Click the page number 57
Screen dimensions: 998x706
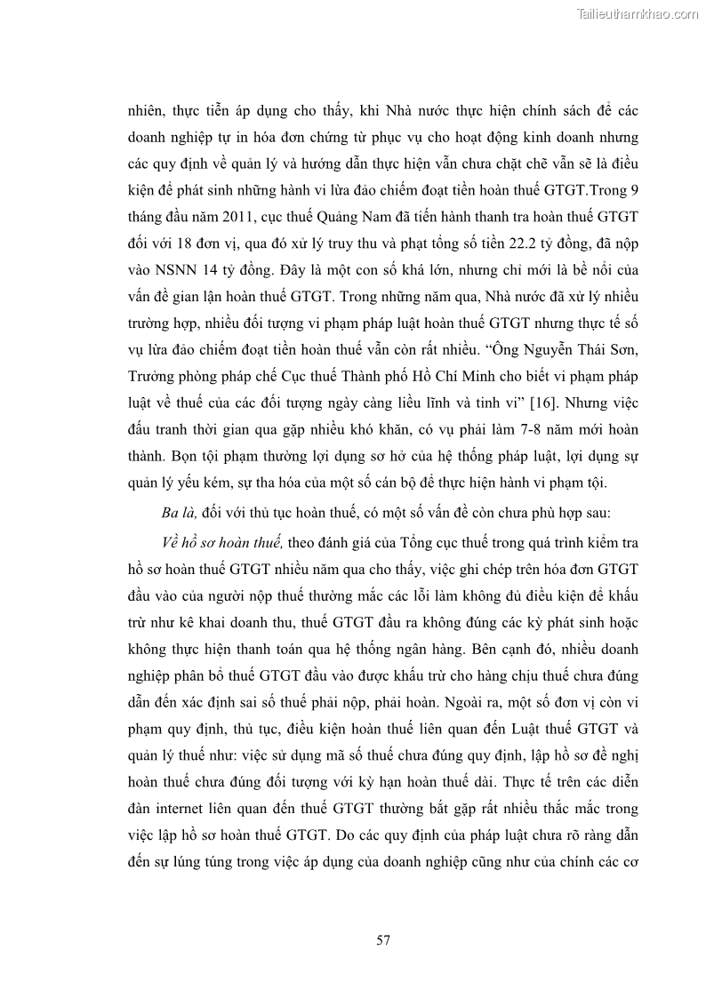coord(383,939)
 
